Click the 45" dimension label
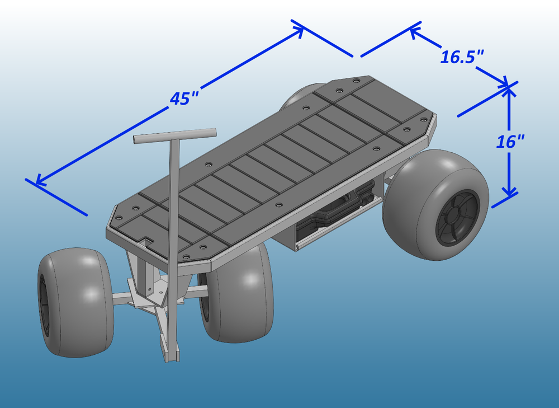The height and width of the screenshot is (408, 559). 184,98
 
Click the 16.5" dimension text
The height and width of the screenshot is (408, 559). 462,57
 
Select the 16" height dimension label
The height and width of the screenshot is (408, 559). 510,142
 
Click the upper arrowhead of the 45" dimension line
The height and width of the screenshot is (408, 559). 299,30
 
